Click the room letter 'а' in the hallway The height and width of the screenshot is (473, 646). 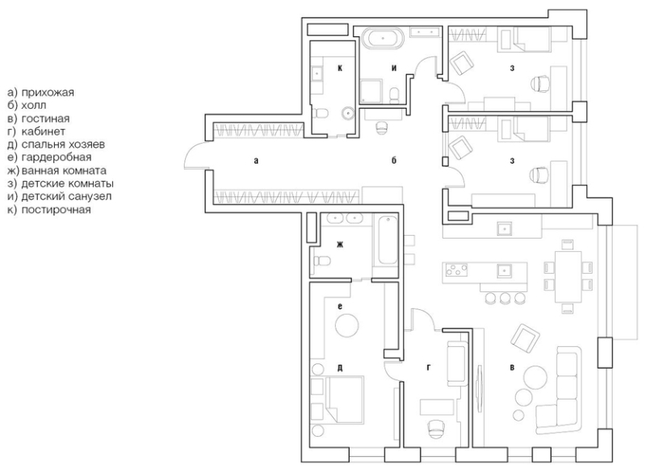click(x=255, y=161)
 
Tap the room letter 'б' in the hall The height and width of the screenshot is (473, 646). click(x=393, y=161)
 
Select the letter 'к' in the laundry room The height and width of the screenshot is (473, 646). click(x=340, y=69)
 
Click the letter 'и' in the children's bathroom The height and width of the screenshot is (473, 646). click(x=393, y=69)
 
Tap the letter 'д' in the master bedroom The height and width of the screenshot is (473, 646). click(x=341, y=367)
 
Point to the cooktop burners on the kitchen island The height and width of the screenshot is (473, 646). click(x=454, y=270)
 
